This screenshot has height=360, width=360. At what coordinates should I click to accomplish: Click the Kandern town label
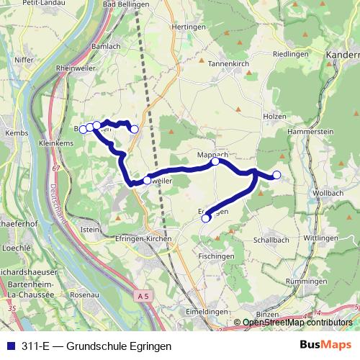[x=343, y=55]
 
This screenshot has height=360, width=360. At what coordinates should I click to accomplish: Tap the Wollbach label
[x=328, y=194]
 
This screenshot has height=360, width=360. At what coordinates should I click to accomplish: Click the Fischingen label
[x=216, y=256]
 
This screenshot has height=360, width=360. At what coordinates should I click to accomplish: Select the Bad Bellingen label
[x=126, y=4]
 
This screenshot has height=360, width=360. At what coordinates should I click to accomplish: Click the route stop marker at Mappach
[x=215, y=161]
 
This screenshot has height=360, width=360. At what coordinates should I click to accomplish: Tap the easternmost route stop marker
[x=276, y=175]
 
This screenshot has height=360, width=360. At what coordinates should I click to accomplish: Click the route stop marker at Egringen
[x=206, y=217]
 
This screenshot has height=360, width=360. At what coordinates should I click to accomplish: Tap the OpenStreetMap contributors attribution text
[x=297, y=322]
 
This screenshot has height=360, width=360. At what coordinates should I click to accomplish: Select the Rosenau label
[x=84, y=295]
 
